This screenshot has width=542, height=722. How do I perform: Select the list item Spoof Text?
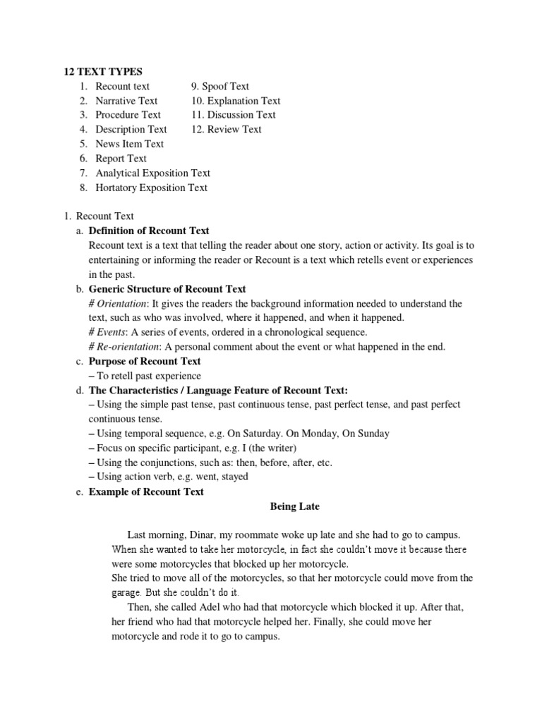[x=225, y=86]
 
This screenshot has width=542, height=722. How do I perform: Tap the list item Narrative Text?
[x=126, y=101]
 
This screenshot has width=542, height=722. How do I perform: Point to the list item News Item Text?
[x=129, y=144]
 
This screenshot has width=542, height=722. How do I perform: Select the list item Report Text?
[x=121, y=159]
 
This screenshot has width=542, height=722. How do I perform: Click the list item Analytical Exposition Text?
[x=152, y=173]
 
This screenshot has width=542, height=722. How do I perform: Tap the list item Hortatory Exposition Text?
[x=151, y=188]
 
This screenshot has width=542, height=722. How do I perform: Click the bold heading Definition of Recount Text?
[x=149, y=231]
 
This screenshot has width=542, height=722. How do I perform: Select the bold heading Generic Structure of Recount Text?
[x=167, y=289]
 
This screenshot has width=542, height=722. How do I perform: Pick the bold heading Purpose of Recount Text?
[x=145, y=361]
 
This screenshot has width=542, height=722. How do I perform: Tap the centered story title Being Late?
[x=295, y=506]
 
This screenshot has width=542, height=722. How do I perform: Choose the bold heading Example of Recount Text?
[x=146, y=491]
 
